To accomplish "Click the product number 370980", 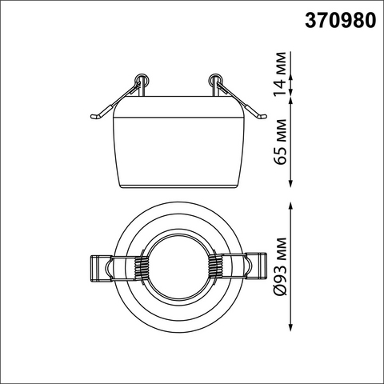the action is coord(341,21).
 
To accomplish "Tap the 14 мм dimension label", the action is coord(280,74).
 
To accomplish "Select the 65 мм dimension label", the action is coord(280,142).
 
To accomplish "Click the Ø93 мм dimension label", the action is coord(280,266).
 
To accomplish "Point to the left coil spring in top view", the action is coord(141,267).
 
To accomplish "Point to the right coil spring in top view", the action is coord(215,267).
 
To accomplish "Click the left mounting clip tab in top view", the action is coord(100,268).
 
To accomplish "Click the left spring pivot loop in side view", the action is coord(142,80).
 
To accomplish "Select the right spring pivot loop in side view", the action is coord(215,80).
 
